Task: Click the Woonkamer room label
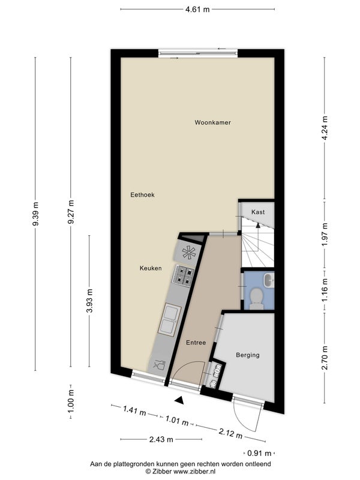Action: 213,122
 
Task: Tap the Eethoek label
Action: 142,194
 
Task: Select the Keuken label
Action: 151,268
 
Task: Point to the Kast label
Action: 258,212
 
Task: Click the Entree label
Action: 196,343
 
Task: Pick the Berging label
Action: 248,355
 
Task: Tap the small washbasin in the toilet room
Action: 269,280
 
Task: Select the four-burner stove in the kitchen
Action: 184,275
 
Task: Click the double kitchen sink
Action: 169,319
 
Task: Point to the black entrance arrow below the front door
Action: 179,400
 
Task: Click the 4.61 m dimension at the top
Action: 197,9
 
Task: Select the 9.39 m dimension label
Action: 36,214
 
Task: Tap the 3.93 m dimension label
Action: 89,301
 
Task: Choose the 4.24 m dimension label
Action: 325,128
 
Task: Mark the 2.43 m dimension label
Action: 161,440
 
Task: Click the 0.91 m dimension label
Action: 259,453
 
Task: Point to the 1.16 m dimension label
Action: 325,290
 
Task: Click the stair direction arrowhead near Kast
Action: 258,226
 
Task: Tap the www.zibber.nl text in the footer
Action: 194,472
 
